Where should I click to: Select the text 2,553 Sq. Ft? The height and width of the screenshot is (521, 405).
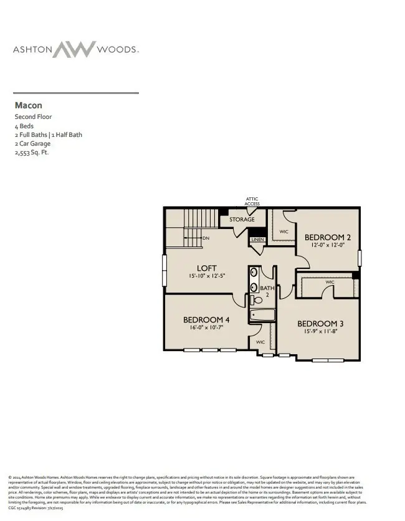pos(32,152)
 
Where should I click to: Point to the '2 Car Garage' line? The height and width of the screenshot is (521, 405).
pos(33,143)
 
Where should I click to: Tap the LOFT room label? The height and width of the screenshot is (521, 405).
pos(207,268)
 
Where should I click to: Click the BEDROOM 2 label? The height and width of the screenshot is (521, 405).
pos(327,237)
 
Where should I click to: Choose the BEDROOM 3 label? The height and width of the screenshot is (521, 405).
pos(320,324)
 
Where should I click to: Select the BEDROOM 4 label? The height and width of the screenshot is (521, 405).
pos(206,320)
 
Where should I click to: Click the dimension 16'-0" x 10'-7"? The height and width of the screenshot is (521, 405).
pos(206,327)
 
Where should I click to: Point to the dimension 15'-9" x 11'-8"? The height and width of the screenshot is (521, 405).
pos(320,332)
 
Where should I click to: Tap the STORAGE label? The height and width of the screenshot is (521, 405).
pos(242,220)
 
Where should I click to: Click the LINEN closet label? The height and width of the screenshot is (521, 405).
pos(257,240)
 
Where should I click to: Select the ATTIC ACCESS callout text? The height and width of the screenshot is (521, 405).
pos(252,202)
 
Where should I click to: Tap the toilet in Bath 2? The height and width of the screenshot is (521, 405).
pos(256,301)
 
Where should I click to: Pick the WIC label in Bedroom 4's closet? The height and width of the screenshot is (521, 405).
pos(260,342)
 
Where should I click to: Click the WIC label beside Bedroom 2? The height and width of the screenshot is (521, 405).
pos(283,232)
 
